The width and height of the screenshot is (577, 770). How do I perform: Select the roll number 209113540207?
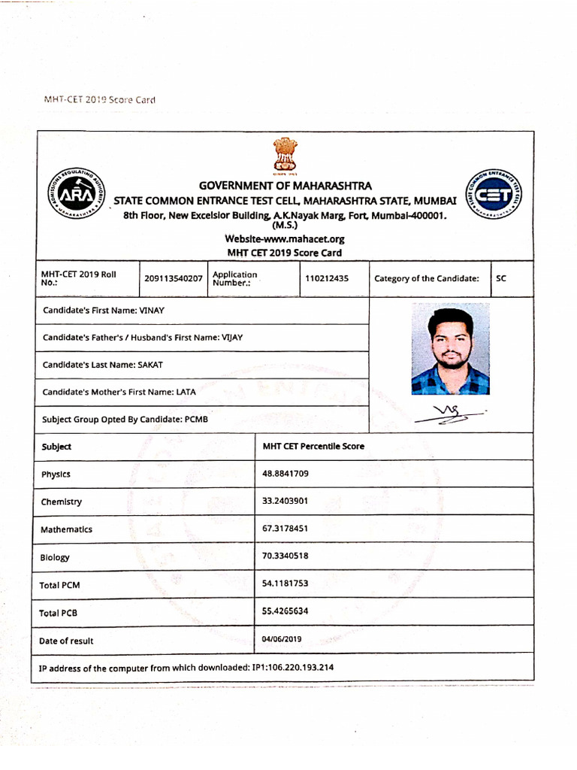click(x=174, y=278)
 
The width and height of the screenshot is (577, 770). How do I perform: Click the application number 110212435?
click(x=327, y=278)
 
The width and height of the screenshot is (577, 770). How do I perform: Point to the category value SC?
click(x=501, y=278)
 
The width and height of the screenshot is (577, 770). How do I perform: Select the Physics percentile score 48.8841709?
click(x=285, y=474)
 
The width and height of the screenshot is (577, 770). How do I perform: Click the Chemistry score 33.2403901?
click(x=285, y=501)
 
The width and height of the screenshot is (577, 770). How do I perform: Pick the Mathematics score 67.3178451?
click(x=285, y=529)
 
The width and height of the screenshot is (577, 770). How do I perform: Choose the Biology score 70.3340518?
click(x=285, y=556)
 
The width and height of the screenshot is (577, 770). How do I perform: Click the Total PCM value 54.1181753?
click(x=285, y=584)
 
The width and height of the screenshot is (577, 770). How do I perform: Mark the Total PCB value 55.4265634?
click(x=285, y=611)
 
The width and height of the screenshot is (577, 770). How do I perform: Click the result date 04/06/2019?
click(x=281, y=639)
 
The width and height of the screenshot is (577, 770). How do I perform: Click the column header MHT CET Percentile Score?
click(x=313, y=446)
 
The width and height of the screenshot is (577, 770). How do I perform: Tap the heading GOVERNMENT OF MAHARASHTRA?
click(x=285, y=186)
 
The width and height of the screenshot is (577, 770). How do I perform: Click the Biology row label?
click(x=55, y=557)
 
